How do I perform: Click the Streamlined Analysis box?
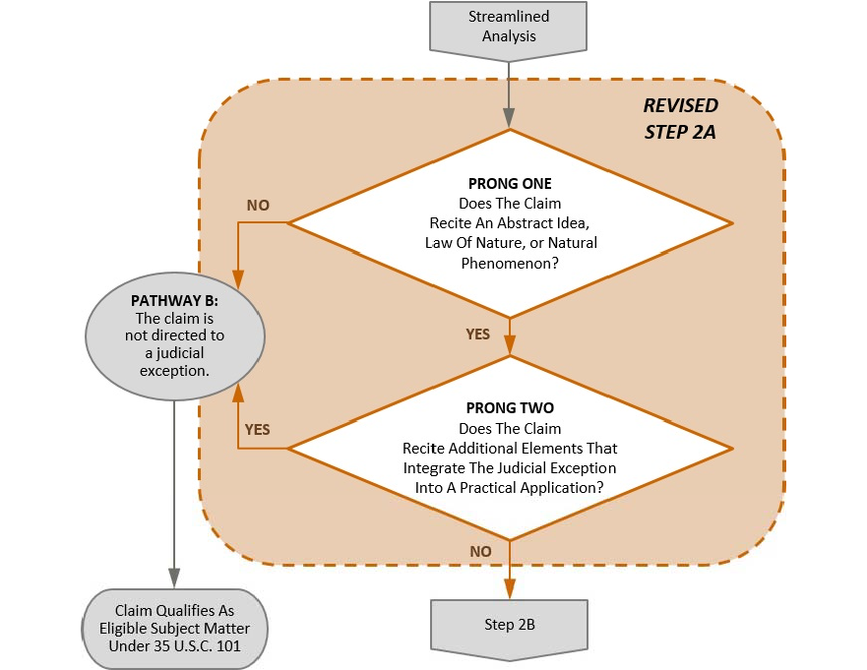point(509,28)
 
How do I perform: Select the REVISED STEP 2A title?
point(680,117)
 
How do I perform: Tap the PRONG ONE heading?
point(510,184)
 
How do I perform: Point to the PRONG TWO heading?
point(510,408)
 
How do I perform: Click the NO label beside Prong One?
point(258,206)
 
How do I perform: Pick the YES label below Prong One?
point(477,335)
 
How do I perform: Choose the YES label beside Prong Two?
point(257,430)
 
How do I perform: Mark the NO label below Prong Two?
point(480,552)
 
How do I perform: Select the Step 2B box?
point(509,624)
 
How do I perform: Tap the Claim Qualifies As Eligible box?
point(175,628)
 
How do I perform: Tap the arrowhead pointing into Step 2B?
point(510,590)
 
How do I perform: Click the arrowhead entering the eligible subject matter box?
point(175,580)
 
